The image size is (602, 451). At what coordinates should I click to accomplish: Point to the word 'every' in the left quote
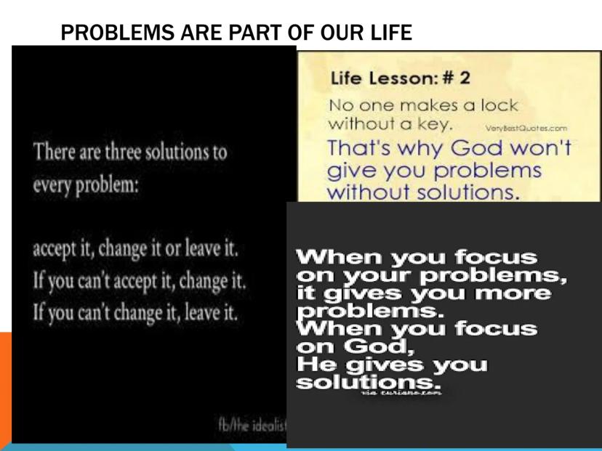pyautogui.click(x=53, y=184)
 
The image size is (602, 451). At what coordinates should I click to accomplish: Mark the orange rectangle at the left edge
pyautogui.click(x=6, y=385)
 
